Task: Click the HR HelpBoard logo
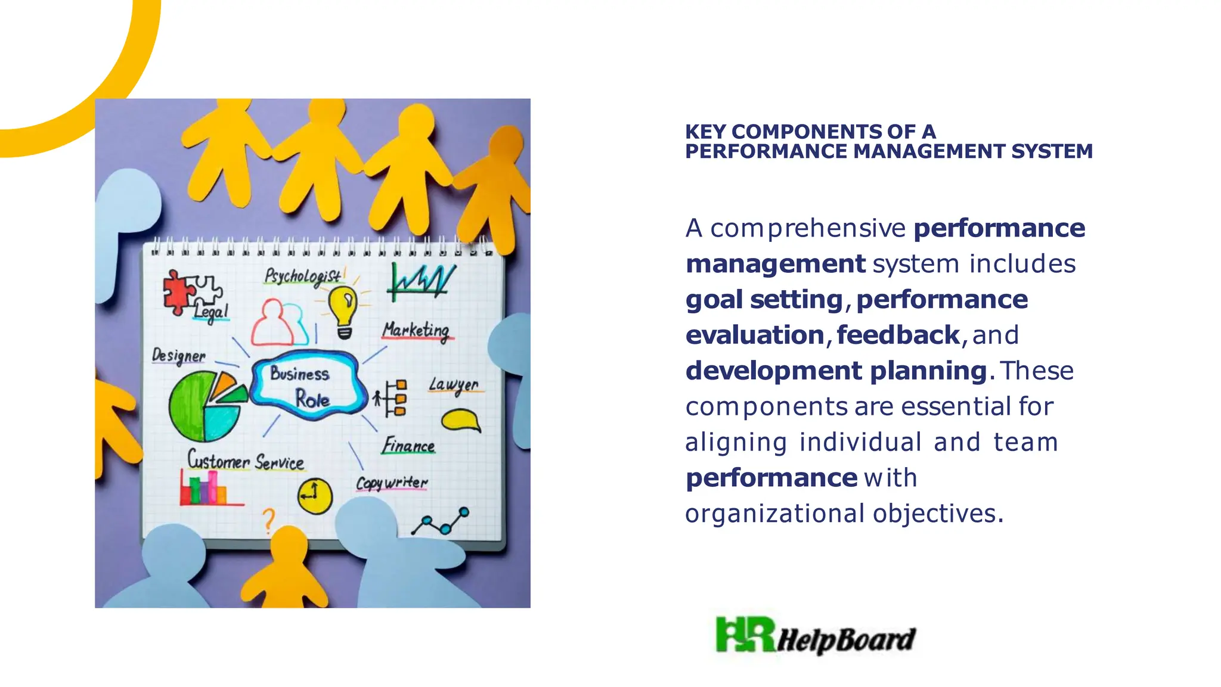pos(815,636)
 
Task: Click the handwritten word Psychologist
pos(303,276)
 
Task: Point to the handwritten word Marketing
pos(416,331)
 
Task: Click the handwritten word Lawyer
pos(454,386)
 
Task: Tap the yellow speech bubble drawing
pos(460,420)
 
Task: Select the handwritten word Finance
pos(408,446)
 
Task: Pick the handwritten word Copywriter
pos(392,483)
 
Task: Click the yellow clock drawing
pos(314,495)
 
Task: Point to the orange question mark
pos(269,520)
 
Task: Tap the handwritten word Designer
pos(178,356)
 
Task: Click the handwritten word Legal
pos(211,311)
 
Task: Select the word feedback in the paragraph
pos(898,335)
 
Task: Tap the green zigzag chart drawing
pos(421,281)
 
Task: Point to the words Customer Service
pos(245,461)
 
